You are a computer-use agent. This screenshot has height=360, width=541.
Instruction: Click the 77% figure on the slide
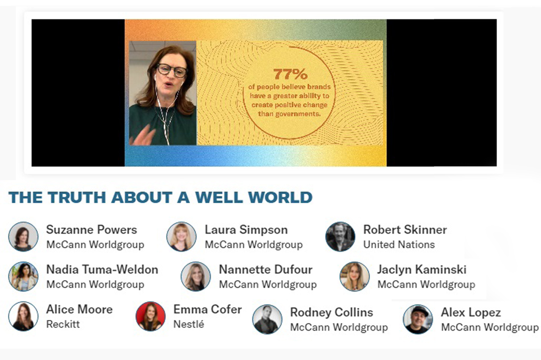pos(290,74)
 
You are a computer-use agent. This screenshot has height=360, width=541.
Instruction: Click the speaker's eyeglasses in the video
pos(172,70)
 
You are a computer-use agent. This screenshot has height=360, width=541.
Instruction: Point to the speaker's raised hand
pos(142,136)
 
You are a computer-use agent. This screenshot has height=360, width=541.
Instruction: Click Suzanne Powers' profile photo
pos(23,237)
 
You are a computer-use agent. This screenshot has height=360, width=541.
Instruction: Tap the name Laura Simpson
pos(246,230)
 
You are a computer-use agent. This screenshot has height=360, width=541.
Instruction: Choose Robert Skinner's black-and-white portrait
pos(340,237)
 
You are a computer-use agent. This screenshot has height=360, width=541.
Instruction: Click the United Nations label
pos(399,245)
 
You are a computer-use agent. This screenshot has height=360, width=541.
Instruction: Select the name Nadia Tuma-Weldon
pos(102,269)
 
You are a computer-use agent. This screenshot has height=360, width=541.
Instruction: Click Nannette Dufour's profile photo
pos(196,277)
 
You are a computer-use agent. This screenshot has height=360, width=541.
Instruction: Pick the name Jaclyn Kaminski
pos(422,269)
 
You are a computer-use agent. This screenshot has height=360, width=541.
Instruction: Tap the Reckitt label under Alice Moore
pos(63,324)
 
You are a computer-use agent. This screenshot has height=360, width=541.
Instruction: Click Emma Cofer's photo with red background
pos(151,316)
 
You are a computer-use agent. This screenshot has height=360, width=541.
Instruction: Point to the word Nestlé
pos(188,324)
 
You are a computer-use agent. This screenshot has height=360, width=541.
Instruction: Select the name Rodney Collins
pos(332,312)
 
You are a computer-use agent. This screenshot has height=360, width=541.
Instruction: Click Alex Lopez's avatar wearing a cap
pos(418,319)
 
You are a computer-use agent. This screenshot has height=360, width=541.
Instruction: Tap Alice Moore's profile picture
pos(23,316)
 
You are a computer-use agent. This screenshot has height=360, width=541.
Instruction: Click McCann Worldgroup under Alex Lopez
pos(490,328)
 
